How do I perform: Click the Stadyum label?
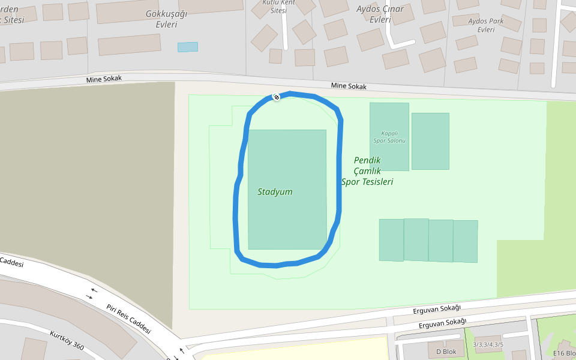275,192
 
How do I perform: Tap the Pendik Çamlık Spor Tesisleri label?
367,171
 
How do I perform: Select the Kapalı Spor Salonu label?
389,137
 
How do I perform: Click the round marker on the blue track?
276,97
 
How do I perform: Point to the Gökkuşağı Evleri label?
162,19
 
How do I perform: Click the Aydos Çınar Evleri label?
380,14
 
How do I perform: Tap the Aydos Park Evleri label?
486,25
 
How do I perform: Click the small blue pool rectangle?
187,47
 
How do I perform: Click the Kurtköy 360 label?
67,340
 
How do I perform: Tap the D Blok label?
446,352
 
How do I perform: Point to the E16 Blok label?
564,353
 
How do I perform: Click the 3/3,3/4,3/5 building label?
488,344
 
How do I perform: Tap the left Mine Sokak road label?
104,79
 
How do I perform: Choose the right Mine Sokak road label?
349,86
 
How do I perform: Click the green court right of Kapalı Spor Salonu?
430,141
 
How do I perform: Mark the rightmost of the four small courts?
465,241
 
